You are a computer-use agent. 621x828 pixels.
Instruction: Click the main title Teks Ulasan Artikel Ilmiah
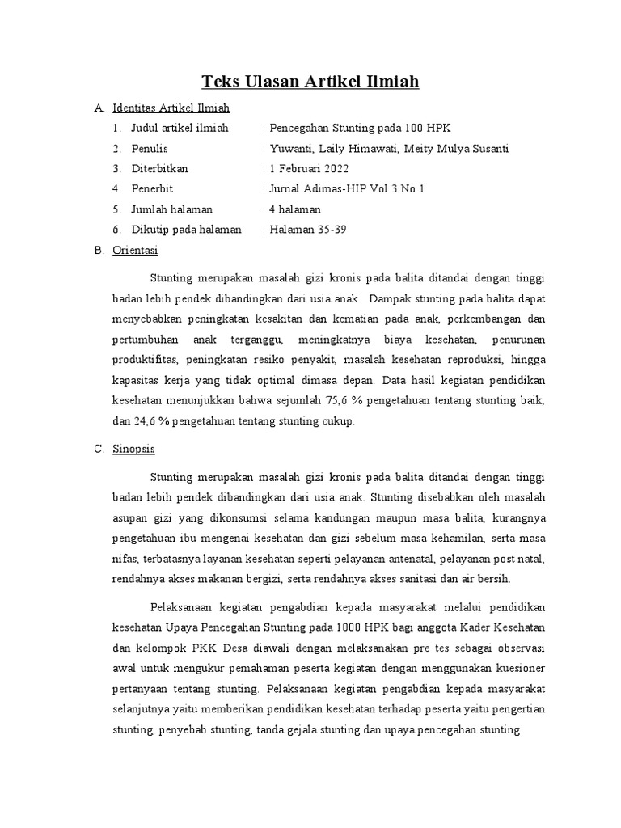(310, 82)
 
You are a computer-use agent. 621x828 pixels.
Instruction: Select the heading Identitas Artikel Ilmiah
(171, 108)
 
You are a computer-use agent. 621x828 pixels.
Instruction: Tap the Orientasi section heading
(135, 250)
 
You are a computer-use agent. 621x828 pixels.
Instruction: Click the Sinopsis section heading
(133, 448)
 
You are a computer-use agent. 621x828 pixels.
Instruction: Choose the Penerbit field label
(154, 188)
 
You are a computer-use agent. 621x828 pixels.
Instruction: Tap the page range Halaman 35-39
(307, 230)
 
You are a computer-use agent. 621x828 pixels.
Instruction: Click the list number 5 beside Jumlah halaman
(116, 209)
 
